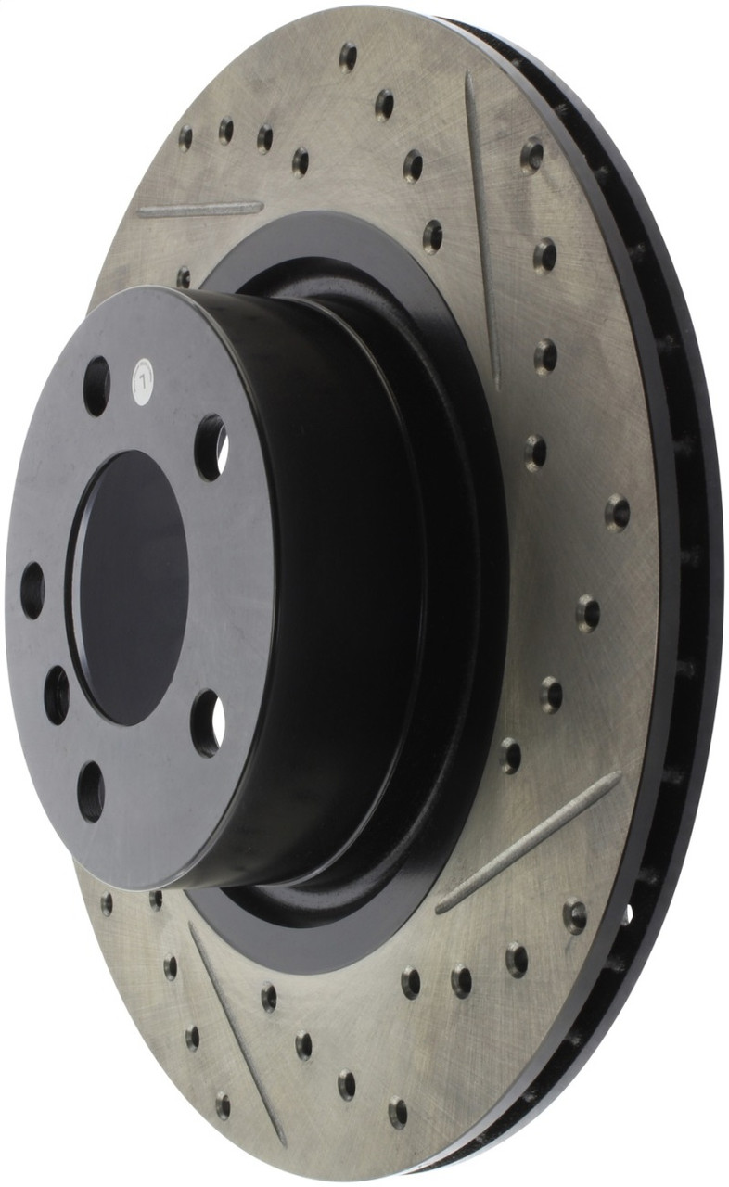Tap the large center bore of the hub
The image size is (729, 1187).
coord(129,588)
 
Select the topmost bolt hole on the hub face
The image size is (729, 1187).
coord(96,386)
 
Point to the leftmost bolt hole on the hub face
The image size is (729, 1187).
coord(32,590)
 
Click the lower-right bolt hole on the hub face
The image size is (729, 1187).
coord(208,722)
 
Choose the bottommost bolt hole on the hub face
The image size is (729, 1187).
coord(91,790)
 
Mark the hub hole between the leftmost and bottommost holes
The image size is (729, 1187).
coord(57,695)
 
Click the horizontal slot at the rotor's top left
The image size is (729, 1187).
coord(199,209)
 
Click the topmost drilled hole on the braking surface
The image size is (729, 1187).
coord(348,57)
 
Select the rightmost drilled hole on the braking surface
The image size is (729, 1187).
coord(617,512)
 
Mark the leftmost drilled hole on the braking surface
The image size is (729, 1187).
coord(107,902)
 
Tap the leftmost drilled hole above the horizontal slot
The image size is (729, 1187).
coord(185,137)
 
